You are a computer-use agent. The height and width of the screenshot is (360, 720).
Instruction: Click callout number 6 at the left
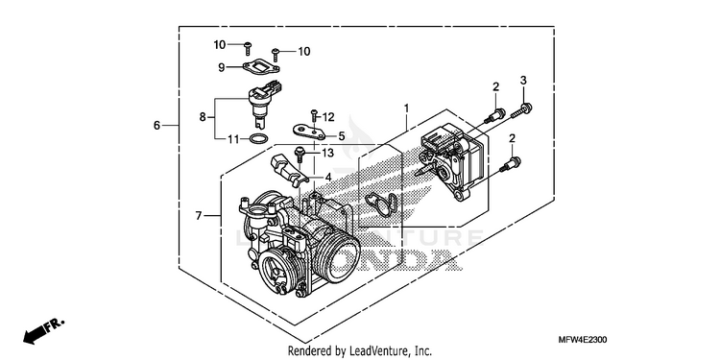[156, 125]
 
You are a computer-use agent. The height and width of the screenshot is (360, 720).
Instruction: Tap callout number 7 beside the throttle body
[199, 215]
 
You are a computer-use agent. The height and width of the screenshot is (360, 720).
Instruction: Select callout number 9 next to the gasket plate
[222, 67]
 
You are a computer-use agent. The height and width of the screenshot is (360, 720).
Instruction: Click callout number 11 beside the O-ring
[233, 138]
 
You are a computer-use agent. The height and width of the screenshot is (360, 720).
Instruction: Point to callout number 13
[327, 153]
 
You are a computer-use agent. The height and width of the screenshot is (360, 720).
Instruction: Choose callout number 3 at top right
[523, 81]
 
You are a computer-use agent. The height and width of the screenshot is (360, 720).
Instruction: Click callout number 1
[406, 108]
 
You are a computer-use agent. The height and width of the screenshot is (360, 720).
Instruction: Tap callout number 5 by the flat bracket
[341, 136]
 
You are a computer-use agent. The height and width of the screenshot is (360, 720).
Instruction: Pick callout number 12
[328, 117]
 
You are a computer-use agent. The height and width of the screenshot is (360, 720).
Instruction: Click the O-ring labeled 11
[259, 138]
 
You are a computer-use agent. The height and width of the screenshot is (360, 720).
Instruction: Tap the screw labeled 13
[300, 154]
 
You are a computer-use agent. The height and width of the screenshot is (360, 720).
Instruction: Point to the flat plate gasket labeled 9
[261, 65]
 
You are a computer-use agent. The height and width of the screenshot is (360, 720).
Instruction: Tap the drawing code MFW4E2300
[583, 340]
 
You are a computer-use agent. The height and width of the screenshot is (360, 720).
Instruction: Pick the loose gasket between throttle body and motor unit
[381, 204]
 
